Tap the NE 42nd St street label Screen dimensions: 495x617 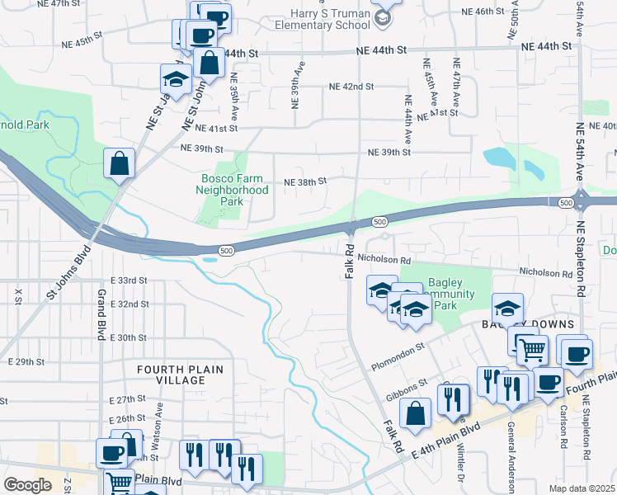351,86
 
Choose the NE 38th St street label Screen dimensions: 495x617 305,181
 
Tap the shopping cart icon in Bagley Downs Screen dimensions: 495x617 531,349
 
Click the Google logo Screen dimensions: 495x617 27,485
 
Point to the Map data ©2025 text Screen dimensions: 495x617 582,488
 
